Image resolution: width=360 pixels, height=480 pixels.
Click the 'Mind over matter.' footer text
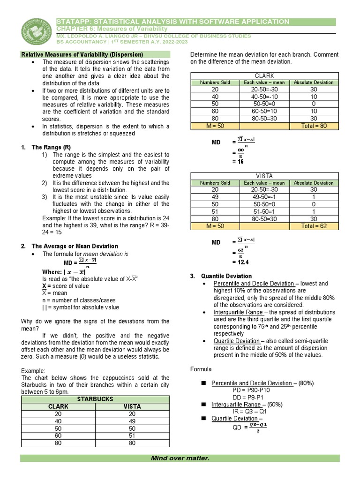pyautogui.click(x=180, y=458)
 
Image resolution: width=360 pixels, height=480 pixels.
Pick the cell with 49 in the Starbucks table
pyautogui.click(x=132, y=421)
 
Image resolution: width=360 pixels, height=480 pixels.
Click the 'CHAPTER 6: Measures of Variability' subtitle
pyautogui.click(x=112, y=29)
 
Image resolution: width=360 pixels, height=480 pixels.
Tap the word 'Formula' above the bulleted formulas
pyautogui.click(x=201, y=369)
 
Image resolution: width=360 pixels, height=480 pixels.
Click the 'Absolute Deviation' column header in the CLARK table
pyautogui.click(x=314, y=82)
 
